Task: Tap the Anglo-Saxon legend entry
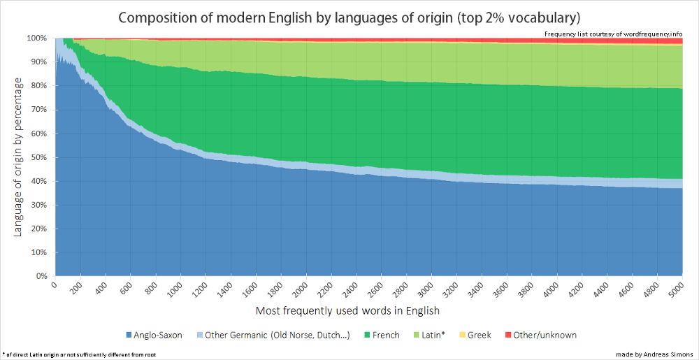[152, 335]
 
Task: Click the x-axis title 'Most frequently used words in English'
[347, 310]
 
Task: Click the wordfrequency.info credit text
[613, 34]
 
